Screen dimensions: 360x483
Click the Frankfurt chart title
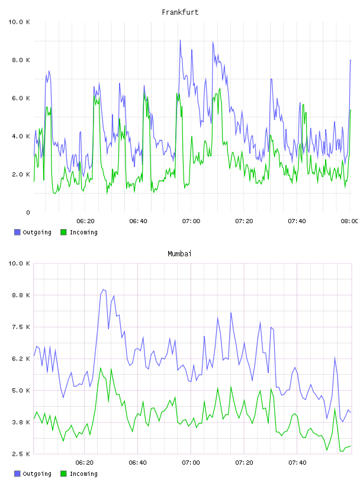180,12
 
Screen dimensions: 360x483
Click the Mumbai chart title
179,254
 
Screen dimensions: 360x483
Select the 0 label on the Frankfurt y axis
28,212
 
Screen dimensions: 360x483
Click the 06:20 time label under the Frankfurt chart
85,221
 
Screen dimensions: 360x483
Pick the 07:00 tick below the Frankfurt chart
191,221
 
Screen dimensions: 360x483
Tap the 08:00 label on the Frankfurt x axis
349,221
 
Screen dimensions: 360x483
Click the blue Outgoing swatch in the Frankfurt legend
17,232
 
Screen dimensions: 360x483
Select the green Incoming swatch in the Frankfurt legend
63,232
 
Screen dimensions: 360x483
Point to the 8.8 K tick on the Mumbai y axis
21,295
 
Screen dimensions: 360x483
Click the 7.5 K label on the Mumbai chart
21,327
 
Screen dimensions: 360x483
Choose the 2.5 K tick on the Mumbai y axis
21,454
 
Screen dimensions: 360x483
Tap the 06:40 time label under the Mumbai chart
138,463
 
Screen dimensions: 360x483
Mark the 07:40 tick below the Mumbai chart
297,463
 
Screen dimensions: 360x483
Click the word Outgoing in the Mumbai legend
37,474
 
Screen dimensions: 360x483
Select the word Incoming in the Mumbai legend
83,474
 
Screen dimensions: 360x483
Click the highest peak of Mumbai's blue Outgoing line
103,289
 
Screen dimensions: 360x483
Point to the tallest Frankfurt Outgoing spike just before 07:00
181,40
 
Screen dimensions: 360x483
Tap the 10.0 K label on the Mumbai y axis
19,263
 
